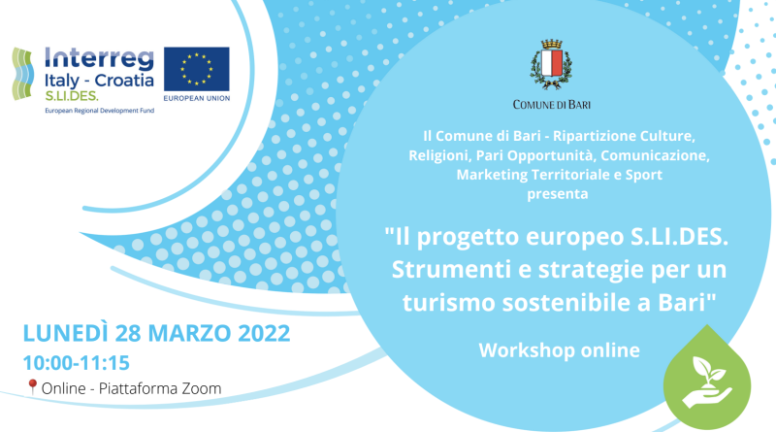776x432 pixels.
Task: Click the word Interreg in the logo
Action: [99, 59]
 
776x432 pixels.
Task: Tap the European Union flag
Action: [197, 69]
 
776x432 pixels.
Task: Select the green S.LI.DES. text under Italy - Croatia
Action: [71, 95]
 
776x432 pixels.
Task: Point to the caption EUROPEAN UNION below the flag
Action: [197, 98]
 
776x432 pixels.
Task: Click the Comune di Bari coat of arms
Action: [551, 64]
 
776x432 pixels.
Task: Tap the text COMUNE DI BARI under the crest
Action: [551, 105]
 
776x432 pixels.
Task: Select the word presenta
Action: [557, 194]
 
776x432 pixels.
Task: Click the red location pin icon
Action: [32, 387]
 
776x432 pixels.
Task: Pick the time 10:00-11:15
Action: [77, 363]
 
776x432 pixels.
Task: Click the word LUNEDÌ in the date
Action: [65, 332]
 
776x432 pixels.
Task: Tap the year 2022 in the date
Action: [264, 333]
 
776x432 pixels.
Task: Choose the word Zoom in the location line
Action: [202, 389]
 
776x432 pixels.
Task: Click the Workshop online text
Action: [560, 350]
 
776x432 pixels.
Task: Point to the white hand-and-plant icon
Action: [707, 382]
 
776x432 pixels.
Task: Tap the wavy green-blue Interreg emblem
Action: [22, 74]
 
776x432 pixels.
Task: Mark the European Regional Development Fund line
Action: [100, 111]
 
